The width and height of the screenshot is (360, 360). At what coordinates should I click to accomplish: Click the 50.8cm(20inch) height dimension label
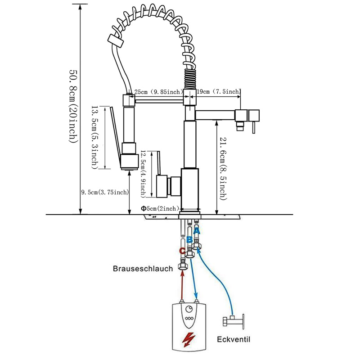[x=74, y=106]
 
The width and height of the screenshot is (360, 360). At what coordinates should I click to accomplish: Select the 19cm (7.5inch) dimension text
[x=219, y=92]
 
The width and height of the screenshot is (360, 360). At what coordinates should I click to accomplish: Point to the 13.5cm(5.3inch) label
[x=95, y=137]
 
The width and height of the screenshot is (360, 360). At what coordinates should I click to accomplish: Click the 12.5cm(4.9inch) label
[x=143, y=174]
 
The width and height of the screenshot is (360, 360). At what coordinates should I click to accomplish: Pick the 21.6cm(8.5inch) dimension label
[x=223, y=168]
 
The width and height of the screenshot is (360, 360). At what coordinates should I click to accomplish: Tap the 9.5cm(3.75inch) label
[x=105, y=192]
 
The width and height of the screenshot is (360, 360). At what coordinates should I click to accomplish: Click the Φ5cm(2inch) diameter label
[x=160, y=208]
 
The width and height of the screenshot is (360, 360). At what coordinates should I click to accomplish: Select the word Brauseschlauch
[x=143, y=269]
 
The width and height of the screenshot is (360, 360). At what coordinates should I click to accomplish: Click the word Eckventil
[x=234, y=339]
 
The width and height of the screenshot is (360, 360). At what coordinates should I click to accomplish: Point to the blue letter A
[x=197, y=231]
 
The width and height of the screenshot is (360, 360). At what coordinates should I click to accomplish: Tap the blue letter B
[x=189, y=240]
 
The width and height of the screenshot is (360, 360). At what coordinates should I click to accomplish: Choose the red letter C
[x=182, y=251]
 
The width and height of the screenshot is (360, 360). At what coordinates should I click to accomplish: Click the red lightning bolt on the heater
[x=189, y=340]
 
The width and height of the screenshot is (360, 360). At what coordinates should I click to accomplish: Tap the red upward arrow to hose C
[x=183, y=285]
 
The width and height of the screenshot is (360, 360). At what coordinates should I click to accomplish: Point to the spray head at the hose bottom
[x=129, y=162]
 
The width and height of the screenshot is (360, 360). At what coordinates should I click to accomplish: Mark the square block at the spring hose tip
[x=116, y=41]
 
